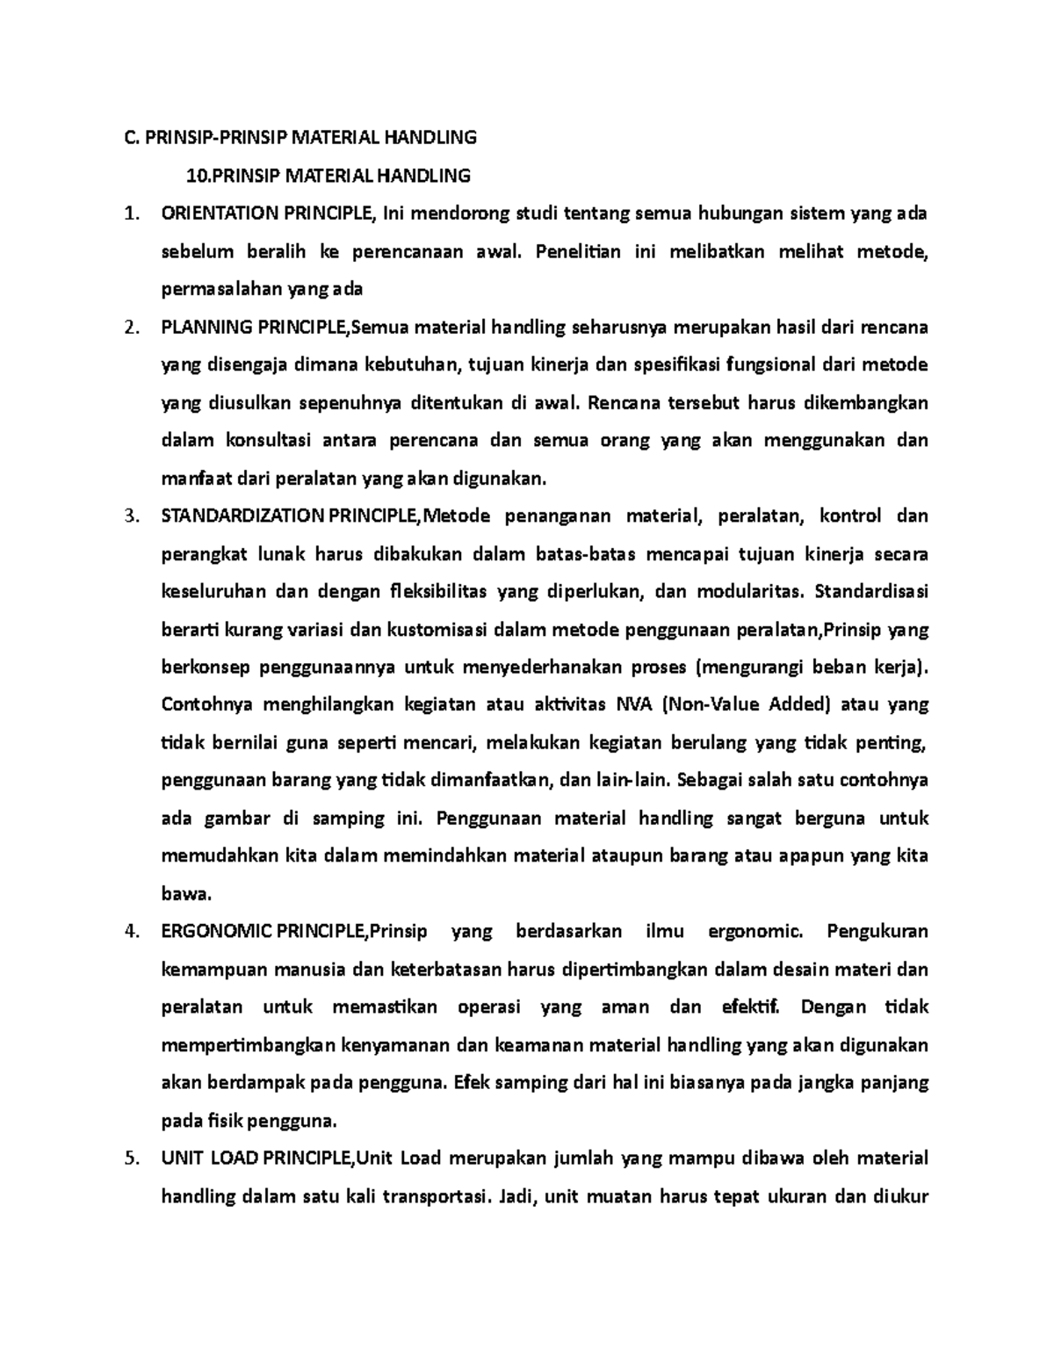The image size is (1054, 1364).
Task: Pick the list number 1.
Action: pos(131,213)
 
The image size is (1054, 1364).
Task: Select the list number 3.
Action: pos(131,516)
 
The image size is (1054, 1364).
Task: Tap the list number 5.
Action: pos(131,1158)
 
